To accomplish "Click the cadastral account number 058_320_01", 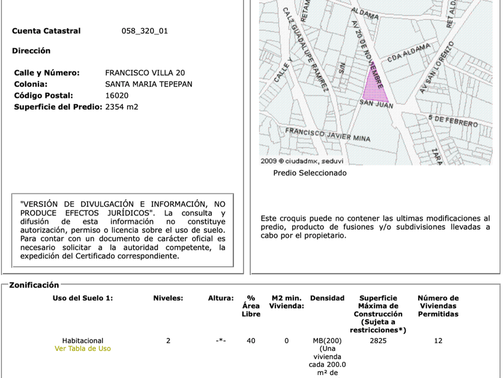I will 145,31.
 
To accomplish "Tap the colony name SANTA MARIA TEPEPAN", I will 149,84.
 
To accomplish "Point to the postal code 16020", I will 116,95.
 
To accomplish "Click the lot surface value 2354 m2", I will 122,107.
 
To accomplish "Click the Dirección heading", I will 31,51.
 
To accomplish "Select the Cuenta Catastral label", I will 46,31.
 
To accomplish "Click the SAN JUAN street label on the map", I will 376,104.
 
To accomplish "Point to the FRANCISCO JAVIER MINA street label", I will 327,134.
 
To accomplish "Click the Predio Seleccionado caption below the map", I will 310,173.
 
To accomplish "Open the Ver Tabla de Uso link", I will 83,349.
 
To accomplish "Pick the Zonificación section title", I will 34,285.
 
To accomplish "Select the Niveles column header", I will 168,298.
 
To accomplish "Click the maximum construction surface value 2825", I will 378,341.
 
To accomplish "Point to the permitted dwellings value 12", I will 438,341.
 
